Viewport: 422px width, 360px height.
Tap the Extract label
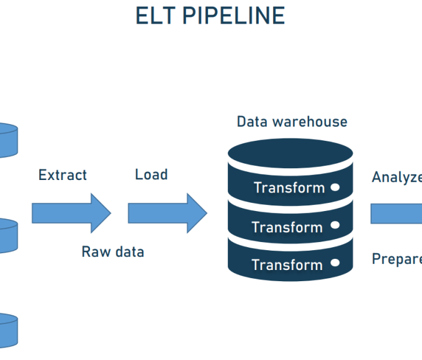[63, 175]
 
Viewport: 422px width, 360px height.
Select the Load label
[151, 174]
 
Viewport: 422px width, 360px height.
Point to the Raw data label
[113, 251]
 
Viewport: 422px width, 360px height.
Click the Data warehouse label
[292, 122]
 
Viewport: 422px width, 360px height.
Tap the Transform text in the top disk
[289, 188]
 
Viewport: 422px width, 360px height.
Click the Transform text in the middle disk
[287, 227]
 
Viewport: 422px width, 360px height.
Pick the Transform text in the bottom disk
[287, 265]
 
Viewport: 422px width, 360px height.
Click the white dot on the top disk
[335, 187]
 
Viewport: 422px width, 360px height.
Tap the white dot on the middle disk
[335, 225]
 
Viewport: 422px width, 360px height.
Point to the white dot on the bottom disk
[335, 263]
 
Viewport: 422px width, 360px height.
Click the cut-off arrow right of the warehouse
[397, 214]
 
